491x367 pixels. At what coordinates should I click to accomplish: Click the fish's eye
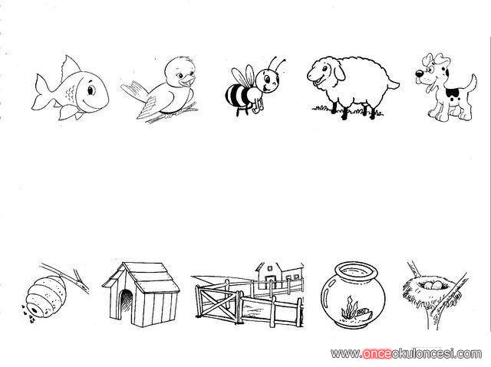91,90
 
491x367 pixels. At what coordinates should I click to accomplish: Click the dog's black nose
419,74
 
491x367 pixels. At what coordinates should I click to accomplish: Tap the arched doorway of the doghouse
126,303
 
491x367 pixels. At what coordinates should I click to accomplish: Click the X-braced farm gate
217,302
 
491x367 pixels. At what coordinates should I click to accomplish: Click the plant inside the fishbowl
350,308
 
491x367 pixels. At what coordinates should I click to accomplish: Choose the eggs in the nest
433,285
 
